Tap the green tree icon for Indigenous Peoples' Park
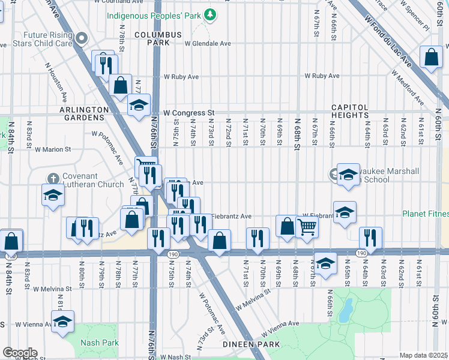click(x=209, y=14)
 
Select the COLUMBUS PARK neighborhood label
click(x=157, y=39)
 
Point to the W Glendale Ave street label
click(x=208, y=44)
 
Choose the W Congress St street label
click(x=190, y=112)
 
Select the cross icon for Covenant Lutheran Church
click(x=53, y=178)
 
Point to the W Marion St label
click(x=53, y=149)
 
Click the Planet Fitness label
click(x=425, y=214)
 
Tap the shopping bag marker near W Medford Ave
click(x=431, y=58)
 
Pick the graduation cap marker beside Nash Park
click(x=62, y=322)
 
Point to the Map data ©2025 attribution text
click(x=423, y=356)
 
